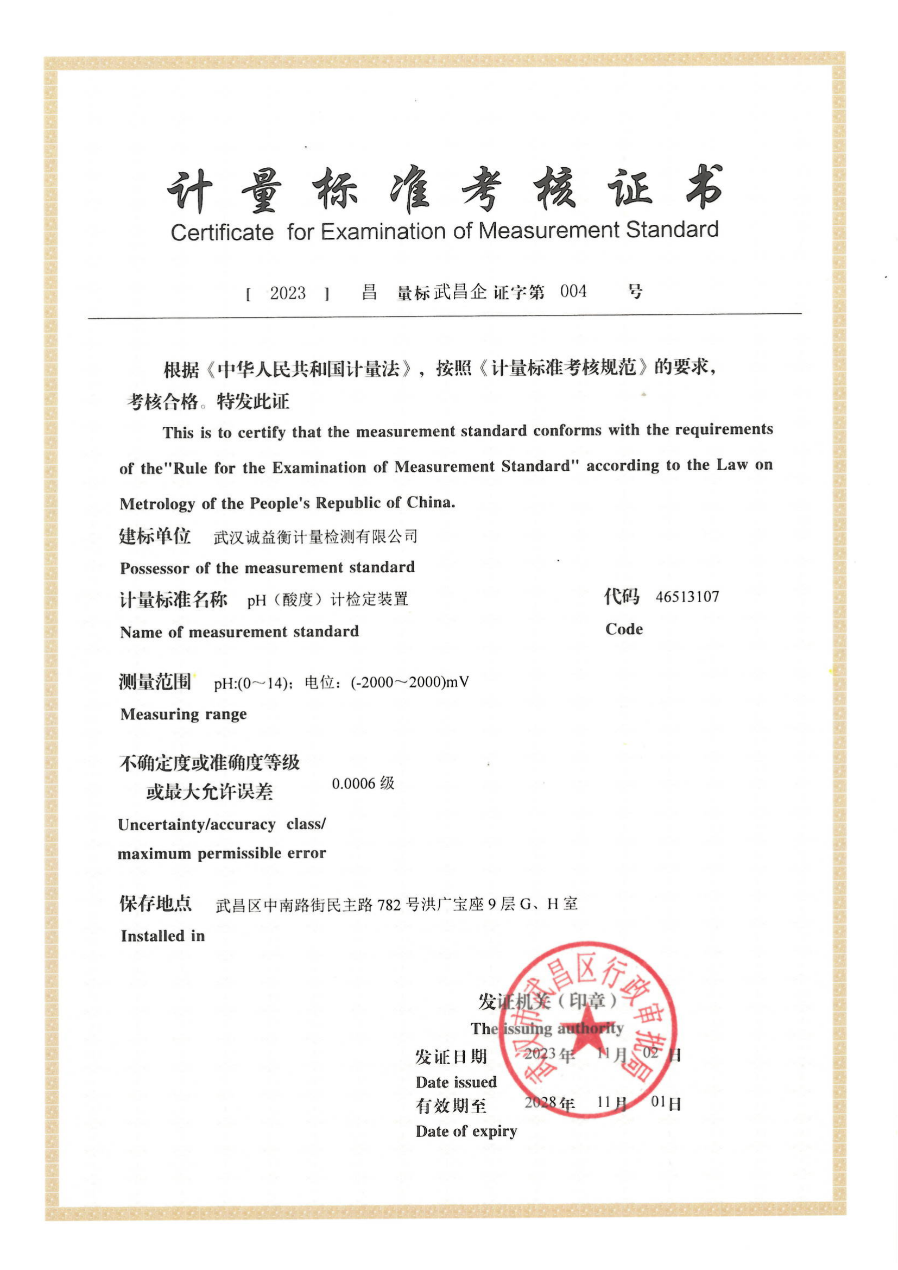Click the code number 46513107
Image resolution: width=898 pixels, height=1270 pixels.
pos(687,597)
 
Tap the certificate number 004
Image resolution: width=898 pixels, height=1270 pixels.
pos(573,292)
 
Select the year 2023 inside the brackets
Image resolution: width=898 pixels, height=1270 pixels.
pos(288,293)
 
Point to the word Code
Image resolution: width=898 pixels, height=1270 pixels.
pos(624,629)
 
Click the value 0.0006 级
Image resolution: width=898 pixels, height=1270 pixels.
pos(363,784)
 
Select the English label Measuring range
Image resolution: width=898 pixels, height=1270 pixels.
pos(183,714)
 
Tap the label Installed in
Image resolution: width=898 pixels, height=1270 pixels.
pos(162,936)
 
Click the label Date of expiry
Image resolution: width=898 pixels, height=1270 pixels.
pos(466,1131)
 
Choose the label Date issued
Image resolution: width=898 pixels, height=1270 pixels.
pos(456,1082)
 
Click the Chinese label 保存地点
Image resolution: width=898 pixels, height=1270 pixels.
pos(155,903)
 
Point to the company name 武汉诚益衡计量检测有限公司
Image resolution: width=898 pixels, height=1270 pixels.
pos(315,536)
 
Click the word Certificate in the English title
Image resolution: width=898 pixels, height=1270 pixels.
pos(222,232)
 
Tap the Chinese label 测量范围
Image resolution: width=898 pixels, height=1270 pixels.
pos(155,681)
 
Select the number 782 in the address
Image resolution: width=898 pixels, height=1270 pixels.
pos(389,905)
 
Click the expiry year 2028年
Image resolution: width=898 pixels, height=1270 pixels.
pos(549,1102)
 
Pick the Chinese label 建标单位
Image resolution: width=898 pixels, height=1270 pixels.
pos(155,535)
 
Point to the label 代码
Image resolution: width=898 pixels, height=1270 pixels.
pos(621,596)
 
